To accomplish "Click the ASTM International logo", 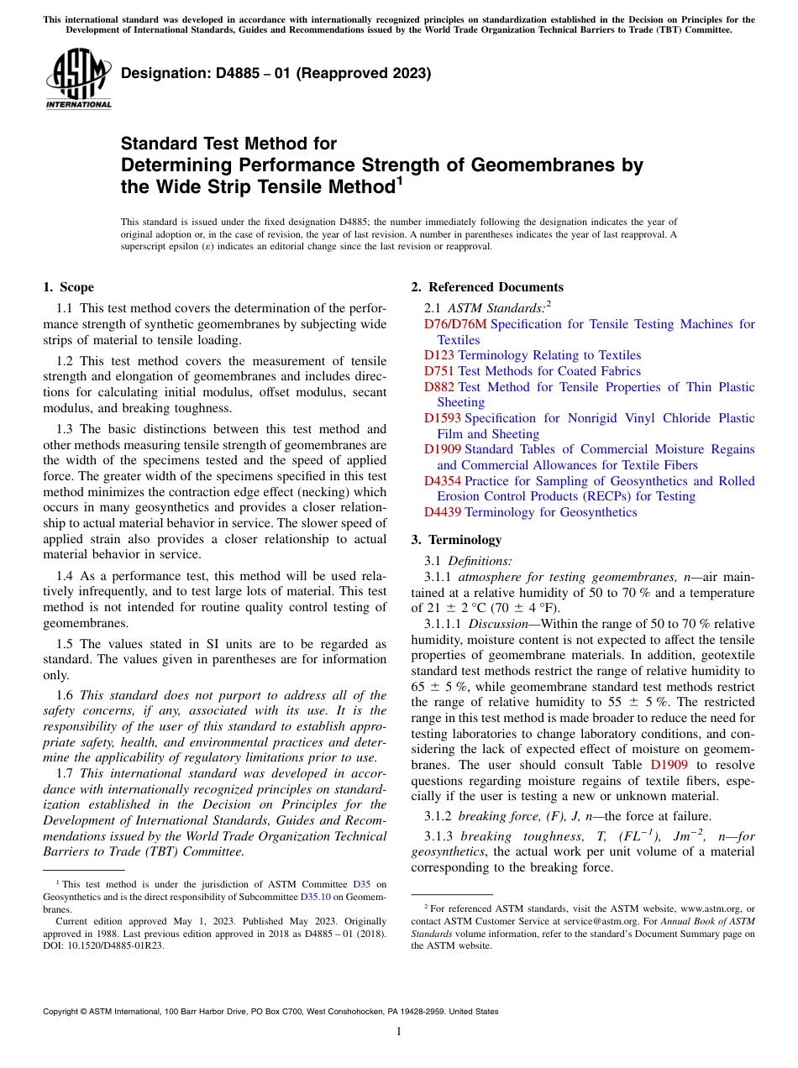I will [x=77, y=79].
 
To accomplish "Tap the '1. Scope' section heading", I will [x=68, y=287].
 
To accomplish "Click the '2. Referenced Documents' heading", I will [x=487, y=287].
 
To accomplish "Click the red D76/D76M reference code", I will [x=454, y=324].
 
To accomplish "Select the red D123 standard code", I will [x=438, y=355].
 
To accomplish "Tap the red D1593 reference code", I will [x=442, y=418].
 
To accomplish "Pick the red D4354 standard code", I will [x=442, y=481].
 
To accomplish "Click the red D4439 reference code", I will [x=442, y=512].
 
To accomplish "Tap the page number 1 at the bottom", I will [x=399, y=1032].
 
